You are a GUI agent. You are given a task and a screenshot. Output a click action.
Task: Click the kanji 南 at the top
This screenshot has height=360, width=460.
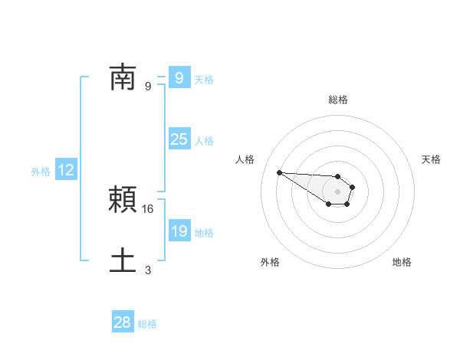tap(123, 77)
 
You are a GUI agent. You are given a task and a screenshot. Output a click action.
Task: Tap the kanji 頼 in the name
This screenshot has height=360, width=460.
tap(123, 199)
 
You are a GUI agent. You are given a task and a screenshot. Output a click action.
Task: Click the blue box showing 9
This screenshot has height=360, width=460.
tap(179, 77)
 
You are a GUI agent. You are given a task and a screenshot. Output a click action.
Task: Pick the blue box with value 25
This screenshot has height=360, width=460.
tap(179, 139)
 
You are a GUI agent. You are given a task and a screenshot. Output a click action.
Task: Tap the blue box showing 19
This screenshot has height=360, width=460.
tap(179, 231)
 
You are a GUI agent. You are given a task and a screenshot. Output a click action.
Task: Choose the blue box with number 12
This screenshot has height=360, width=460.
tap(66, 170)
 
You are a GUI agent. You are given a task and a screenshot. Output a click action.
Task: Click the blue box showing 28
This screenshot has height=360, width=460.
tap(123, 322)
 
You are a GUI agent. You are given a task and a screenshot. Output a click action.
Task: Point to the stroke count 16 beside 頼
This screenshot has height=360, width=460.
tap(149, 208)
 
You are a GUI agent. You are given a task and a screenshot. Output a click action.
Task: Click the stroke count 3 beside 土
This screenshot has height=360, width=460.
tap(148, 270)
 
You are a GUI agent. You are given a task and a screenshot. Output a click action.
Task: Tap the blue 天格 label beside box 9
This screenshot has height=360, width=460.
tap(204, 80)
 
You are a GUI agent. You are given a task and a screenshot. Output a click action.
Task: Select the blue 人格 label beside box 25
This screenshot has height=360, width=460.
tap(204, 141)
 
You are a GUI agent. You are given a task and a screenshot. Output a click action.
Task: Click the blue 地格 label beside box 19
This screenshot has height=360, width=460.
tap(204, 233)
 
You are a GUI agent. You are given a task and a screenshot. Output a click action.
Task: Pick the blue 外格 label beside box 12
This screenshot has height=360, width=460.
tap(41, 172)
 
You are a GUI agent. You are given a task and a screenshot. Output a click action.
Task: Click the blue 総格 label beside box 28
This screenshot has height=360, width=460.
tap(147, 324)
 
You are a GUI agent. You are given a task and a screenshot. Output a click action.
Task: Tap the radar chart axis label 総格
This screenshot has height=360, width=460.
tap(337, 100)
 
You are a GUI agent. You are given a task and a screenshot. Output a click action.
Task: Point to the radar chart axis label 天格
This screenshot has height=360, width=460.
tap(432, 159)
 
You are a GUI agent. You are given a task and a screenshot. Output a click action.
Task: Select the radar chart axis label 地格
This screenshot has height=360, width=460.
tap(402, 262)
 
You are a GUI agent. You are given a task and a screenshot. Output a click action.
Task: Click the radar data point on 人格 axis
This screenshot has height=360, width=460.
tap(279, 172)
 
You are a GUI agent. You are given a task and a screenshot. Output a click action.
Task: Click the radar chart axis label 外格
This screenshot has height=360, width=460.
tap(270, 262)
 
